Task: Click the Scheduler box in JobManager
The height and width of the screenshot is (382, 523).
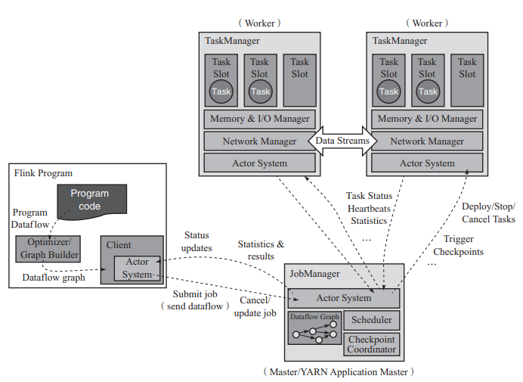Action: tap(371, 320)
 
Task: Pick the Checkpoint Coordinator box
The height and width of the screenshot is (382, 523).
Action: tap(371, 344)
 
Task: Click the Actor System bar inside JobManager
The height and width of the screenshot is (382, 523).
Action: tap(345, 297)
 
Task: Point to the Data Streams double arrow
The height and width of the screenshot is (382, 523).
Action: tap(342, 141)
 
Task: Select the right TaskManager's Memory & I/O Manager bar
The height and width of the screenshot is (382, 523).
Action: tap(427, 119)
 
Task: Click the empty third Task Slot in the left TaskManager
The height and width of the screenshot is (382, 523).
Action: tap(299, 79)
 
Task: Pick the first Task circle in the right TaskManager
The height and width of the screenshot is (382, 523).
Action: tap(388, 92)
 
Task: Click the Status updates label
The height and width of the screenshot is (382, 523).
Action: tap(196, 242)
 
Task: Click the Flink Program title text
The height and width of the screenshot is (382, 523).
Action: tap(43, 172)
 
